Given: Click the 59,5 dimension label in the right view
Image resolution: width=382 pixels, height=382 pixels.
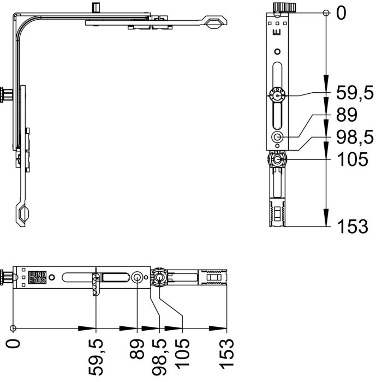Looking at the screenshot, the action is click(x=355, y=93).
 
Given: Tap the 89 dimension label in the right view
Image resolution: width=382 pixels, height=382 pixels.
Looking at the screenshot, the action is click(x=347, y=115).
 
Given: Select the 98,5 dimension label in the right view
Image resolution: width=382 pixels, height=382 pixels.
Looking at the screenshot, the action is click(x=355, y=137).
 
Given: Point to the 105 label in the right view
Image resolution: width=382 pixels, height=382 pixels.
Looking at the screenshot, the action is click(x=353, y=159).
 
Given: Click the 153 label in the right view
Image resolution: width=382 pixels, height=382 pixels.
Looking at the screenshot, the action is click(x=353, y=226).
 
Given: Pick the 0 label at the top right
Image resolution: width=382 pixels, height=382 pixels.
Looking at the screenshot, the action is click(x=341, y=13).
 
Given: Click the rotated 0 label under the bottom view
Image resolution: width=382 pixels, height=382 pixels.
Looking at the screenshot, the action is click(x=13, y=344).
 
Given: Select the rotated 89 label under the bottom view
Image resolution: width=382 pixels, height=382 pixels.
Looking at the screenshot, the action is click(x=137, y=349).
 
